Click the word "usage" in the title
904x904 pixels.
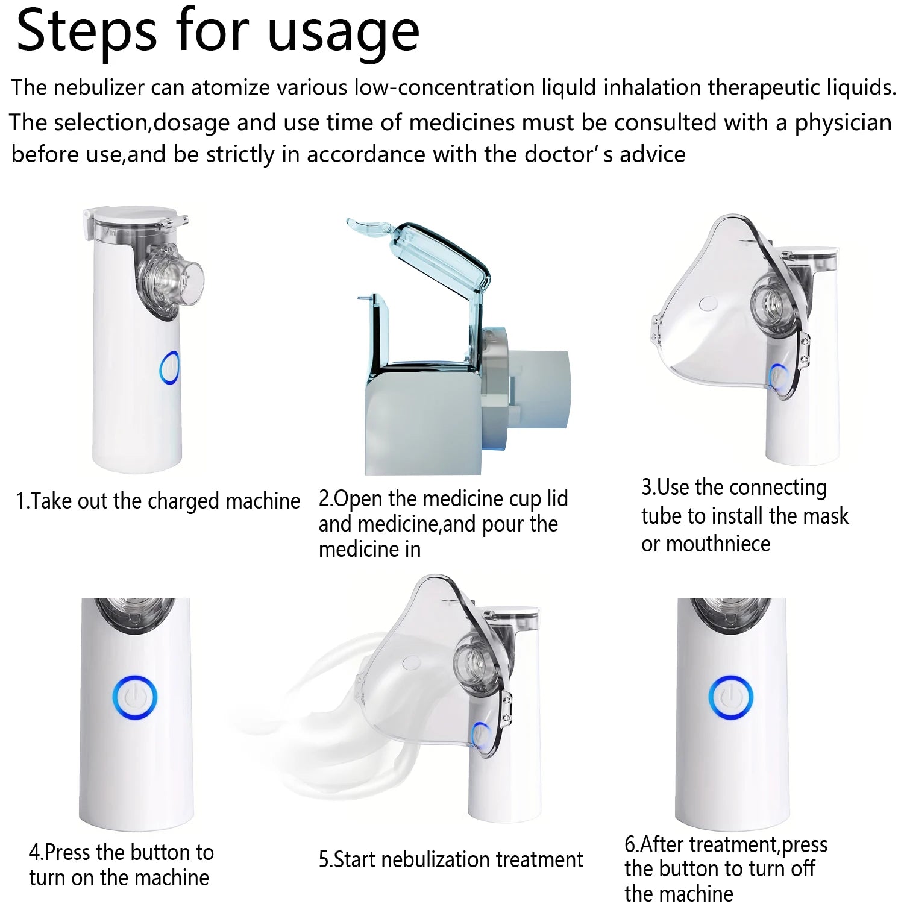[x=343, y=33]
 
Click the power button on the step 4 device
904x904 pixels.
[x=134, y=698]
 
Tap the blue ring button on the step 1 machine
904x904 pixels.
[x=169, y=368]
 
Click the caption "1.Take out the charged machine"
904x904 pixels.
[x=158, y=501]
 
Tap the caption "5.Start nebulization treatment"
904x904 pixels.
[x=451, y=859]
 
